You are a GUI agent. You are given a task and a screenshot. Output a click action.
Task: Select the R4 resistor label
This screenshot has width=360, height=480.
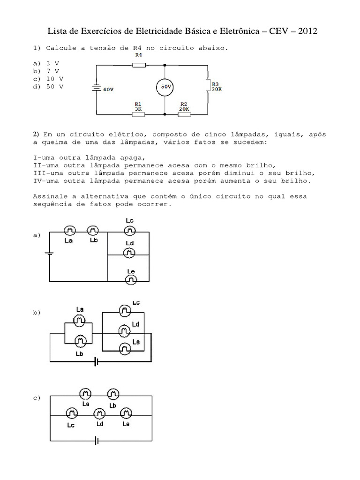[138, 55]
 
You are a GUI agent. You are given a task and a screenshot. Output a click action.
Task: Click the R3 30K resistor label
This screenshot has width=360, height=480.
[217, 86]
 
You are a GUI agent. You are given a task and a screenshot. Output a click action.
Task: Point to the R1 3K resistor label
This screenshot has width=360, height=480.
[138, 106]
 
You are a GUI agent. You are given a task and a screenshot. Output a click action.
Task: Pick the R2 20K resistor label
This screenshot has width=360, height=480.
[184, 106]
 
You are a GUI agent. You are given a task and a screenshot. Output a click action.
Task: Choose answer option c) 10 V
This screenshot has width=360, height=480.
[48, 79]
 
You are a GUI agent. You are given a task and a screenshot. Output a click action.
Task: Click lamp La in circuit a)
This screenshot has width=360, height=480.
[70, 231]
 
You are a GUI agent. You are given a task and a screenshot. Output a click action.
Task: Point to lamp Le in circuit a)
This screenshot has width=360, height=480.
[131, 280]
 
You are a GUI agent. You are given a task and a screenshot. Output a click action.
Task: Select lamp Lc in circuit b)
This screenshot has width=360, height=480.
[124, 310]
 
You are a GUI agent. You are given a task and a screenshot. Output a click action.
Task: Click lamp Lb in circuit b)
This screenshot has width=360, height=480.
[80, 340]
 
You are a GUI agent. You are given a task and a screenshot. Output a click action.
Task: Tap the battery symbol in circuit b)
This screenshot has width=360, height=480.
[96, 361]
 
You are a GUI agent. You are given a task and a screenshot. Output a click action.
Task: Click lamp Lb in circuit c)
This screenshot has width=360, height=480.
[112, 394]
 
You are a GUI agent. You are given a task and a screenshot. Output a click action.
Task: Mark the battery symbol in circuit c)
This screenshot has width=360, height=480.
[97, 441]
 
